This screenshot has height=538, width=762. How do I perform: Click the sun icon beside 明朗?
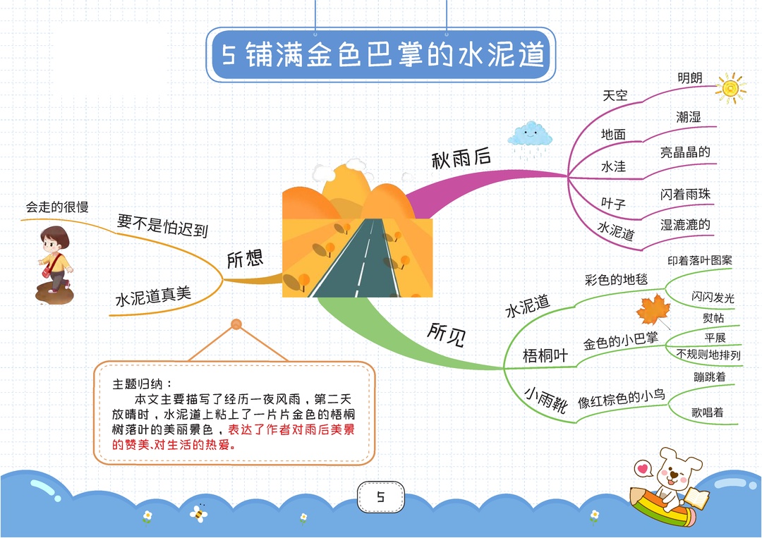click(x=730, y=88)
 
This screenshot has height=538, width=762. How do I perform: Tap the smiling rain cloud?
click(x=530, y=135)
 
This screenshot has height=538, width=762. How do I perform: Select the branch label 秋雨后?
click(x=461, y=158)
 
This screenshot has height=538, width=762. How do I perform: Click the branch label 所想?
click(x=245, y=259)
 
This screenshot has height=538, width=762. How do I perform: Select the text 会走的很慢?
click(x=57, y=207)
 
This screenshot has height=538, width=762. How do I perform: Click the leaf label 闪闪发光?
click(x=713, y=297)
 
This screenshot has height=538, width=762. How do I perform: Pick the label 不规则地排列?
click(x=708, y=355)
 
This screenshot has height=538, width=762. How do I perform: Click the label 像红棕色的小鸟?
click(x=621, y=398)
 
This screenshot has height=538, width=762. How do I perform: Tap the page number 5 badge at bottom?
click(x=380, y=496)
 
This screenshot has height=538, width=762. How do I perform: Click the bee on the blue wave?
click(x=198, y=513)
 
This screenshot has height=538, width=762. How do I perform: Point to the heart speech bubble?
click(x=643, y=469)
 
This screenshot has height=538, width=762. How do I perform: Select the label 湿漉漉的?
click(x=685, y=225)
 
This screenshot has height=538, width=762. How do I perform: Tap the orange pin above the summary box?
click(x=236, y=324)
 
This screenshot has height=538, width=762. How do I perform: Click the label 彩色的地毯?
click(x=616, y=280)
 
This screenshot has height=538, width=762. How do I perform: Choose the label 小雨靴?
click(x=545, y=399)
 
